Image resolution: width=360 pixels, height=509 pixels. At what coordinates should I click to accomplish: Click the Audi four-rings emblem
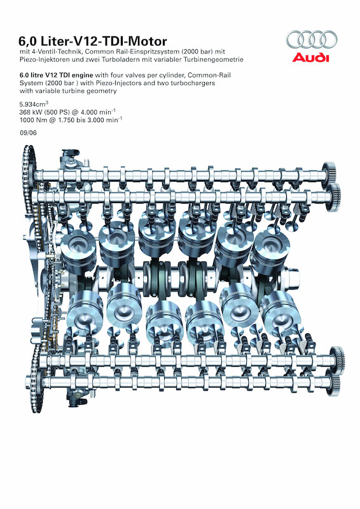(x=312, y=39)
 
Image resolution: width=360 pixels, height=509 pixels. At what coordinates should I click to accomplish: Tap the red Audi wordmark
(x=310, y=57)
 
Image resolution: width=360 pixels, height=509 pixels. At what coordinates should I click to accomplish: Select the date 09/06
(x=28, y=133)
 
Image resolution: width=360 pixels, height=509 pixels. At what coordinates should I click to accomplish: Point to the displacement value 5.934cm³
(x=34, y=104)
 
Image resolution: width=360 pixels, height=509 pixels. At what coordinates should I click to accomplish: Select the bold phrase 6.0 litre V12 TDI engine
(x=57, y=75)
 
